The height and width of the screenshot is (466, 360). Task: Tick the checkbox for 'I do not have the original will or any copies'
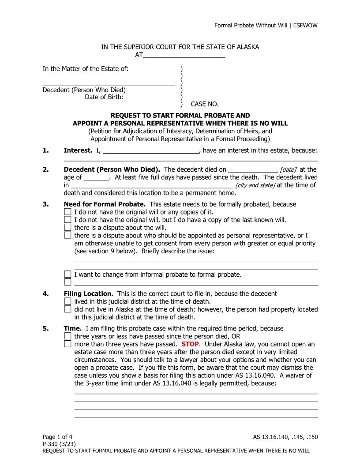tap(67, 212)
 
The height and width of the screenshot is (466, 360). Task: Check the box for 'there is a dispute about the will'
tap(67, 227)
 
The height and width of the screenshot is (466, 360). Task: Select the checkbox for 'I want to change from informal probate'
tap(67, 274)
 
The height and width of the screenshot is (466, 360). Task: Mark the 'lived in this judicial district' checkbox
tap(67, 301)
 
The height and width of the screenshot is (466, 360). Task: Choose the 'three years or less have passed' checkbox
tap(67, 336)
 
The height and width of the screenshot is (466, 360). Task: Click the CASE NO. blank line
tap(269, 105)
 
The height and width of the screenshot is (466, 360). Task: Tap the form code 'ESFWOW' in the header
tap(305, 25)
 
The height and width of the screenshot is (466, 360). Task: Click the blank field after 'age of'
tap(96, 177)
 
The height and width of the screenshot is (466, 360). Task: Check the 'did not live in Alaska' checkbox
tap(67, 309)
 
